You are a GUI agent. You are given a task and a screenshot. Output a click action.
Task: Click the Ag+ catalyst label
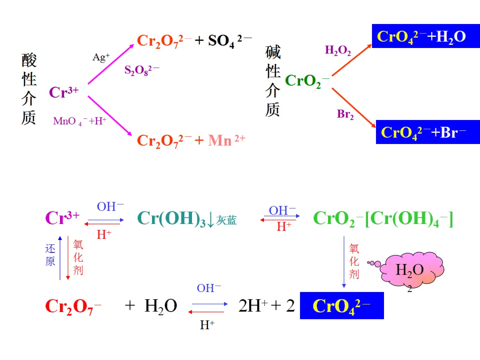(101, 57)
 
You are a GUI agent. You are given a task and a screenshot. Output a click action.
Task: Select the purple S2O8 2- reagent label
(141, 70)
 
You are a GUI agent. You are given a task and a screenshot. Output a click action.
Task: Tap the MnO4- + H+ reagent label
(80, 121)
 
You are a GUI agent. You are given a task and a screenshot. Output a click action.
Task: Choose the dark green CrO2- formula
(307, 81)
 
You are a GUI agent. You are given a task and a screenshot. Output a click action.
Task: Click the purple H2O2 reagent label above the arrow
(338, 51)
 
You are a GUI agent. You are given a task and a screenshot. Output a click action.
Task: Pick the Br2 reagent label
(345, 114)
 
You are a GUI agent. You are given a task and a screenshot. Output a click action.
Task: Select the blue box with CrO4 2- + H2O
(426, 36)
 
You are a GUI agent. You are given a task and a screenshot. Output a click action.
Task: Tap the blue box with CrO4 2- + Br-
(428, 132)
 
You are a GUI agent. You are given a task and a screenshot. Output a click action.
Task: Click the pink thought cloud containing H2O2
(412, 270)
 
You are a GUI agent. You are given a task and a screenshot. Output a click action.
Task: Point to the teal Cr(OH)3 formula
(172, 219)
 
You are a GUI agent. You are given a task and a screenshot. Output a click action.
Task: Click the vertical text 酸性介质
(29, 89)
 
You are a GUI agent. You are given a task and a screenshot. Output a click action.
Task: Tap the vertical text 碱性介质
(272, 81)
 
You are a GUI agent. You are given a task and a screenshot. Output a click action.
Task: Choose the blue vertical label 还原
(50, 255)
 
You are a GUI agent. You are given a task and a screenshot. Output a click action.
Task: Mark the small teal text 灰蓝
(227, 220)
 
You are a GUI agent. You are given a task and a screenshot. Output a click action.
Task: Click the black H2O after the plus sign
(161, 306)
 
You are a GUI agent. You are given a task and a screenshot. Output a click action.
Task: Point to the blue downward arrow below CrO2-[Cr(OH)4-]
(344, 262)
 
